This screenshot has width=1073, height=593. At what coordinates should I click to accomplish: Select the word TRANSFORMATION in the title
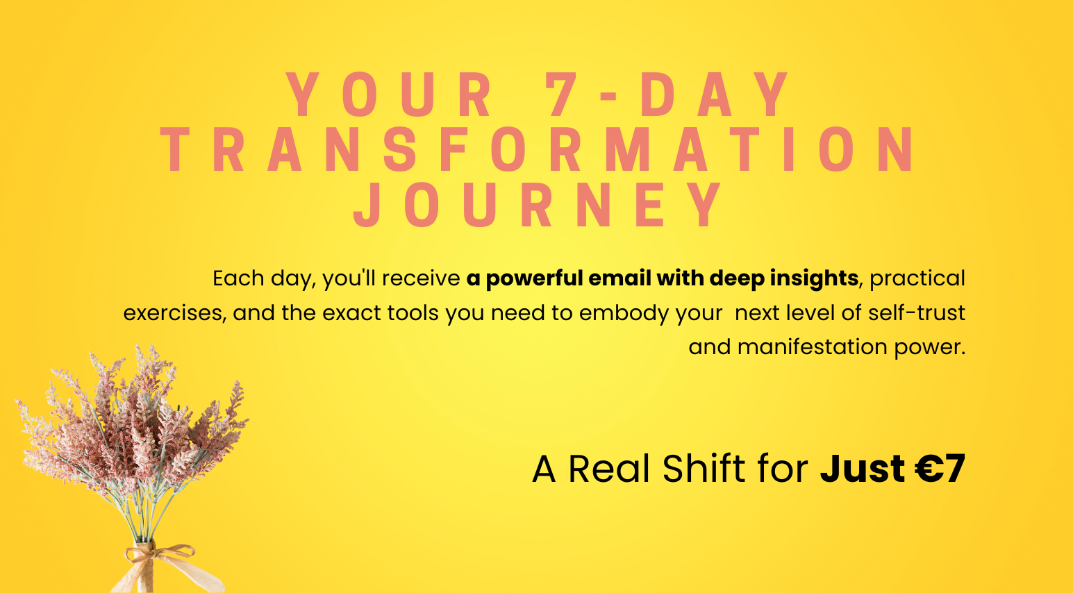click(x=536, y=149)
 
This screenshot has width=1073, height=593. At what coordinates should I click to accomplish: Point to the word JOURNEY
click(x=538, y=205)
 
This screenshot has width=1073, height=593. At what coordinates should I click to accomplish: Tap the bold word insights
click(x=814, y=279)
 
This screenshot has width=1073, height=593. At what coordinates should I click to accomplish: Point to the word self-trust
click(x=916, y=312)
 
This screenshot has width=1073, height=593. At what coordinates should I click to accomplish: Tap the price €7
click(x=940, y=469)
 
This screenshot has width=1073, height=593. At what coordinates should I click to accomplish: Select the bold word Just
click(x=863, y=469)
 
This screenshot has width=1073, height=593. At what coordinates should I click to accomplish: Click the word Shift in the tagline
click(x=704, y=469)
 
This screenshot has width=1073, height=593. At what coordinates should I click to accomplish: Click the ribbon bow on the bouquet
click(x=160, y=555)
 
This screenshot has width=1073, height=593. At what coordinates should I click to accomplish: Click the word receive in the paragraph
click(x=421, y=278)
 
